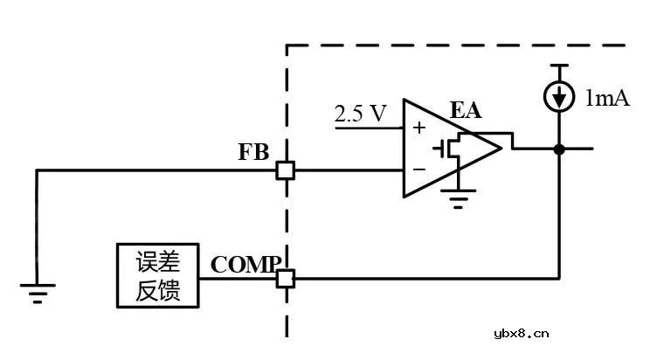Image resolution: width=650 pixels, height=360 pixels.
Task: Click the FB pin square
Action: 285,170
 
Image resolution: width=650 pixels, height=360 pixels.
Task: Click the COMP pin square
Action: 285,279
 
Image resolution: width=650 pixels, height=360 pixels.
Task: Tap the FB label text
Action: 253,151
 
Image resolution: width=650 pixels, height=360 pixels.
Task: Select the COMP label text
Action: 245,264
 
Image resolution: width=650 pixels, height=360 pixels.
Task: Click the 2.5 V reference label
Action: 360,114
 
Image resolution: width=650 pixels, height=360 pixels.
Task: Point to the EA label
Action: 466,110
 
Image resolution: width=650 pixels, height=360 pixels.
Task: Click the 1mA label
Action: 606,98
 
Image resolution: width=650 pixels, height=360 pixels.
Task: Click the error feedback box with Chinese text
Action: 158,276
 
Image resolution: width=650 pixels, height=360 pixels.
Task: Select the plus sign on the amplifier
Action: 418,128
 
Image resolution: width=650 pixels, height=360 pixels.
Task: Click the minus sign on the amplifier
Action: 418,169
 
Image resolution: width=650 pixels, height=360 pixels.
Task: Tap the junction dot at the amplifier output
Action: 559,149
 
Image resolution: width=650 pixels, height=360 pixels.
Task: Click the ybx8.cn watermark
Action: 521,333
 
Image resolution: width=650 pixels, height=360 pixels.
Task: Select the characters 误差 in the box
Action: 158,262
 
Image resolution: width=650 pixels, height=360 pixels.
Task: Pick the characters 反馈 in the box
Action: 158,291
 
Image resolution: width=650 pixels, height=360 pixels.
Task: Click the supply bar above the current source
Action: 559,66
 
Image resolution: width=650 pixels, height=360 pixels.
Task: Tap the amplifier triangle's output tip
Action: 502,149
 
